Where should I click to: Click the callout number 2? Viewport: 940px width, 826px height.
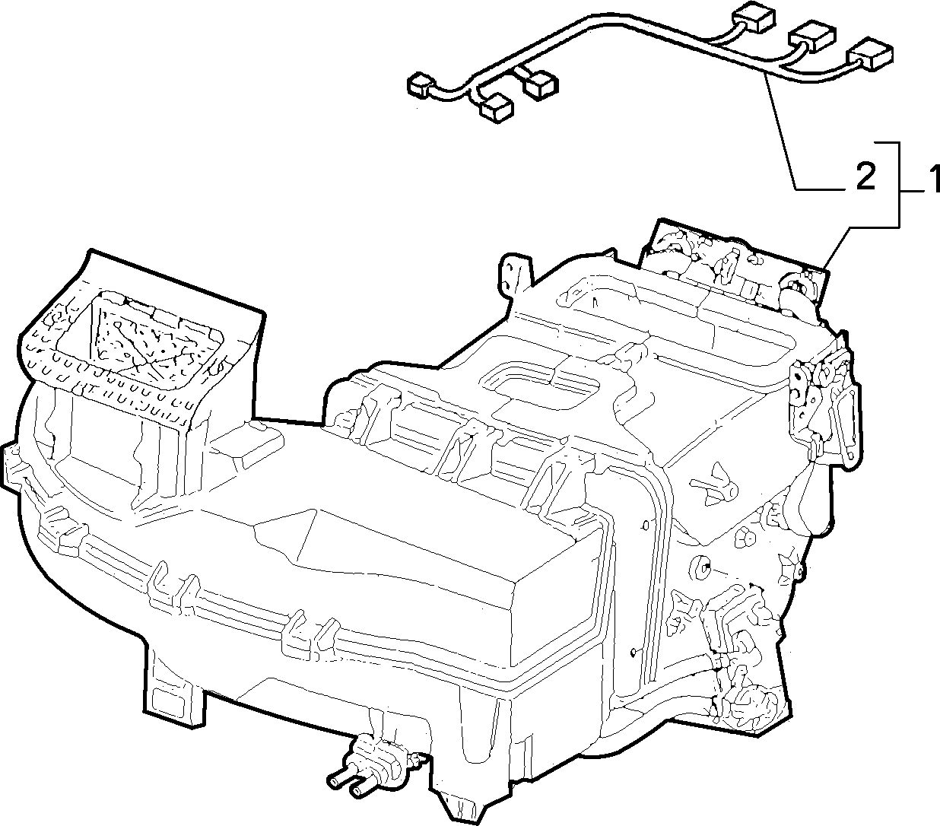click(865, 176)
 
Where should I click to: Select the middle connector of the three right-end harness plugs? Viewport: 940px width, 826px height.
click(813, 36)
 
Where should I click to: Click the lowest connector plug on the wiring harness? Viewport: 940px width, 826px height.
click(497, 109)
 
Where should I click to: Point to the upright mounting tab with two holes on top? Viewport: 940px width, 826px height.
click(515, 277)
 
